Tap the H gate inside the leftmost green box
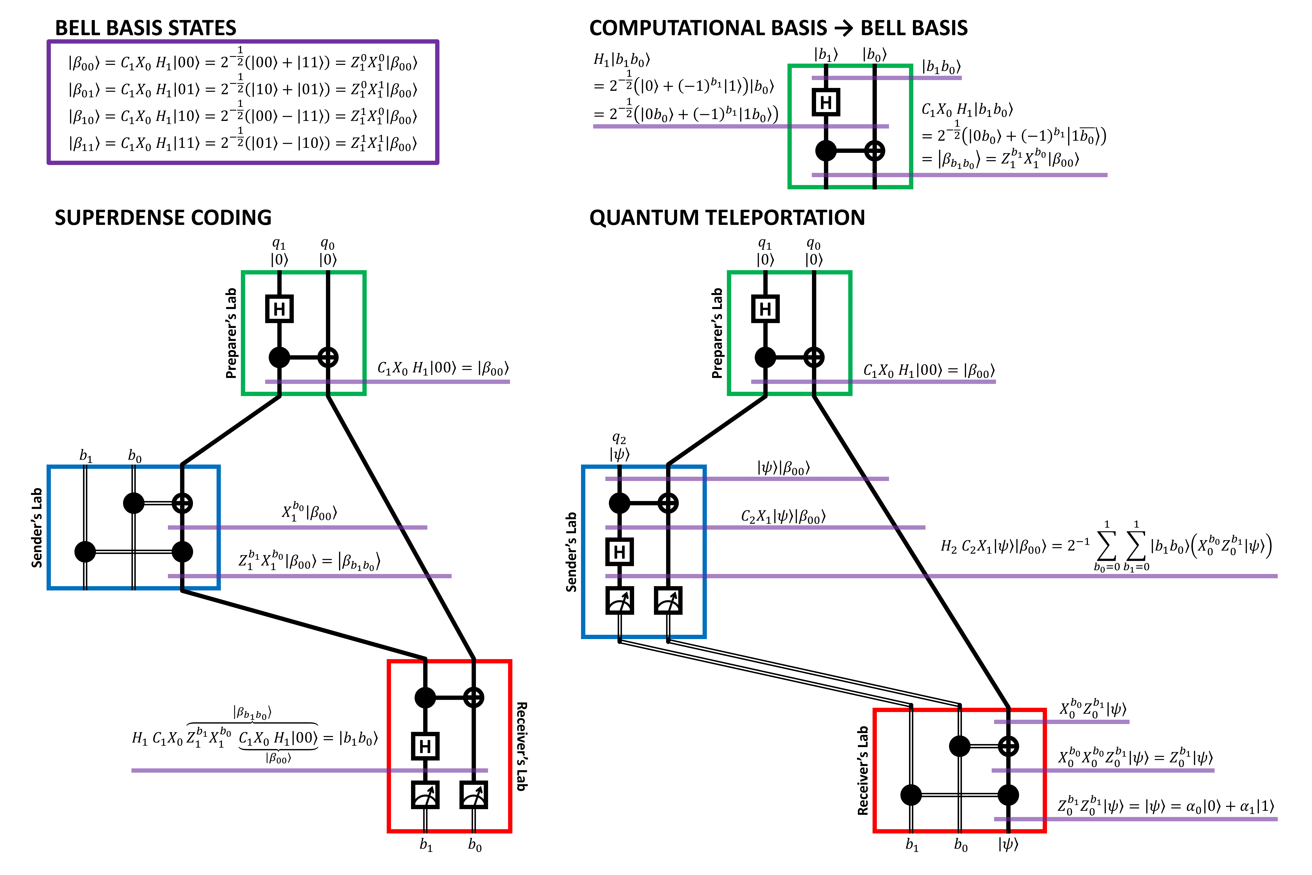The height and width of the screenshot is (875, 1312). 279,309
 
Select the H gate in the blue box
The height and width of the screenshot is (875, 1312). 619,552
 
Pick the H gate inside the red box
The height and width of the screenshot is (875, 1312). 425,746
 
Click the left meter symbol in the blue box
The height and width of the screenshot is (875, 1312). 619,600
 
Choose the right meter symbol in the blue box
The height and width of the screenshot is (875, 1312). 668,600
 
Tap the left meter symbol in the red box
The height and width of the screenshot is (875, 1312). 425,795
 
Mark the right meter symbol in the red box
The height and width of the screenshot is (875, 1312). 474,795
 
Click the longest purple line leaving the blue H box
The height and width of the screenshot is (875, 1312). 1060,576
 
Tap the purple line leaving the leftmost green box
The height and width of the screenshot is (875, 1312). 435,382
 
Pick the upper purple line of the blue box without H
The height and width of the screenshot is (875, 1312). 307,527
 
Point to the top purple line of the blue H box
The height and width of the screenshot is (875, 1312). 781,479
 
